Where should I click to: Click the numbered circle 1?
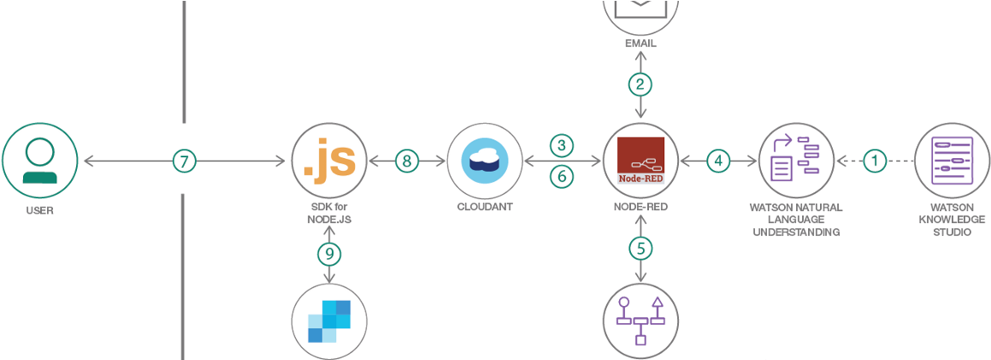(873, 160)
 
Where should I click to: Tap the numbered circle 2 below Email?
(640, 84)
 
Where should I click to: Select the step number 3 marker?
(561, 144)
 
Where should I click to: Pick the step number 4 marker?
(718, 160)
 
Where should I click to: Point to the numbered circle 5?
(640, 249)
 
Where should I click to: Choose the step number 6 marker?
(561, 176)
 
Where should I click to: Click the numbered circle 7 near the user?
(184, 160)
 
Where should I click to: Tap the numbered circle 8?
(406, 160)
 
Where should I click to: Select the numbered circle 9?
(329, 253)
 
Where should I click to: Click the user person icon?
(39, 160)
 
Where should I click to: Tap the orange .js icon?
(329, 160)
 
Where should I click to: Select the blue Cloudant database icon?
(485, 160)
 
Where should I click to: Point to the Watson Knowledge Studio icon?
(952, 160)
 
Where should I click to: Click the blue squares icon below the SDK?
(329, 322)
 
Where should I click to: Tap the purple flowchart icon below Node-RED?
(640, 321)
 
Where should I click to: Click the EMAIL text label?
(640, 43)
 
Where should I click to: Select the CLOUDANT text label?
(485, 207)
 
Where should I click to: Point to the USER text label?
(39, 210)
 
